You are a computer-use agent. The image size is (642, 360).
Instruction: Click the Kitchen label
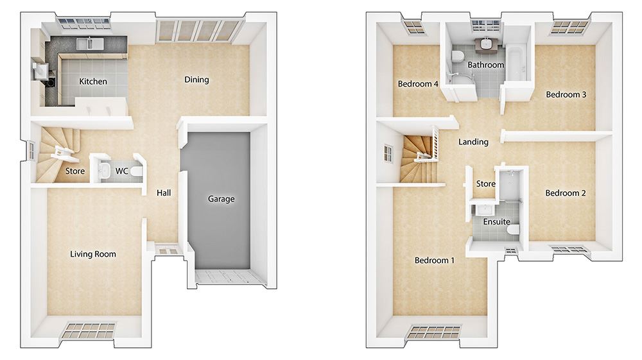tap(93, 81)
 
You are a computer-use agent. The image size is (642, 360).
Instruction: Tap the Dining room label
tap(196, 80)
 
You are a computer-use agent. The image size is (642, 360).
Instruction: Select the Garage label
tap(221, 199)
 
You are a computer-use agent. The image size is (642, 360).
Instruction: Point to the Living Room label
tap(93, 254)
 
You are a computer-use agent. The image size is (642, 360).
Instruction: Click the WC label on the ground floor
tap(121, 171)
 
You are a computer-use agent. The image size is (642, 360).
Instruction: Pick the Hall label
tap(164, 193)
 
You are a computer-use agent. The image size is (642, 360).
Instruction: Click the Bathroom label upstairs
tap(485, 65)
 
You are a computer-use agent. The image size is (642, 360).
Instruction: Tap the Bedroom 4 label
tap(418, 84)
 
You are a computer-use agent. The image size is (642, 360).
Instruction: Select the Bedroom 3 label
tap(566, 94)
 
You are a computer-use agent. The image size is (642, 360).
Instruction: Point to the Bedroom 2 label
tap(566, 193)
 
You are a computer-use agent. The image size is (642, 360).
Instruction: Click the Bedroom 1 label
tap(435, 260)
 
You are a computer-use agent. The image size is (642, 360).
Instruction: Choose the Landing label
tap(473, 142)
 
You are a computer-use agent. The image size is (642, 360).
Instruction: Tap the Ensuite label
tap(497, 222)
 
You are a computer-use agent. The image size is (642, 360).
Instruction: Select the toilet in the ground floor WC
tap(137, 170)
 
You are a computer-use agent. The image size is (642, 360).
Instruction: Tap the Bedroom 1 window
tap(435, 332)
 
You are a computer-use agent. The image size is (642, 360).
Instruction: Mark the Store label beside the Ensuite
tap(485, 184)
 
